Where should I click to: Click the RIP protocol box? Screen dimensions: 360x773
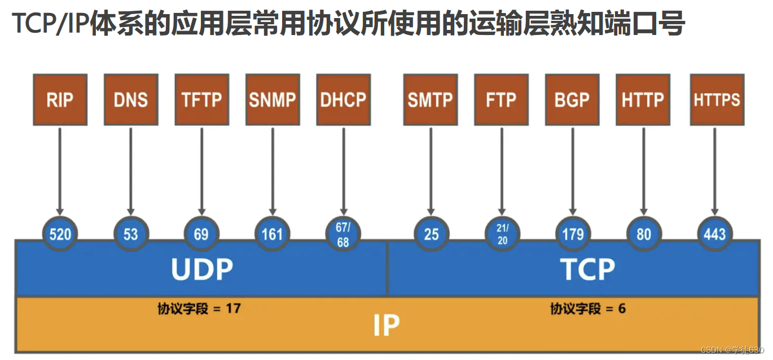[x=60, y=99]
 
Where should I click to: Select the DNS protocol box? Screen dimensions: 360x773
[x=131, y=99]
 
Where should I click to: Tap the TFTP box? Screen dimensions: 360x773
[x=201, y=99]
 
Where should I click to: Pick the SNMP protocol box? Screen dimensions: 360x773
[x=273, y=99]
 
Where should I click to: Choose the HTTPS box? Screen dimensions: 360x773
[x=717, y=99]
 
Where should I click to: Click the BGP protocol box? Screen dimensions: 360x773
[x=572, y=99]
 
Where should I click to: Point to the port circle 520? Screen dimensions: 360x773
[x=60, y=234]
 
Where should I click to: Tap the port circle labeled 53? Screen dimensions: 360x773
[x=131, y=234]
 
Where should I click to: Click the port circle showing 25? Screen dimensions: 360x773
[x=431, y=234]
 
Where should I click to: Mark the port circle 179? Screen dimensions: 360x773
[x=573, y=234]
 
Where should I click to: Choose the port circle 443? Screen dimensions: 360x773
[x=714, y=234]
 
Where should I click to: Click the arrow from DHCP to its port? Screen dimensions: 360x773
[x=343, y=169]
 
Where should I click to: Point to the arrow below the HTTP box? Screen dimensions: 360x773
[x=643, y=169]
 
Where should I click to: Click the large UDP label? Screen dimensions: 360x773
[x=201, y=270]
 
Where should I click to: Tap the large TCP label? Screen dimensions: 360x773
[x=587, y=270]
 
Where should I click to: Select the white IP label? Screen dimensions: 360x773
[x=386, y=325]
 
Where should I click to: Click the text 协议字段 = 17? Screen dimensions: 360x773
[x=199, y=309]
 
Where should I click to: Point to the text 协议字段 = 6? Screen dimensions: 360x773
[x=588, y=309]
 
